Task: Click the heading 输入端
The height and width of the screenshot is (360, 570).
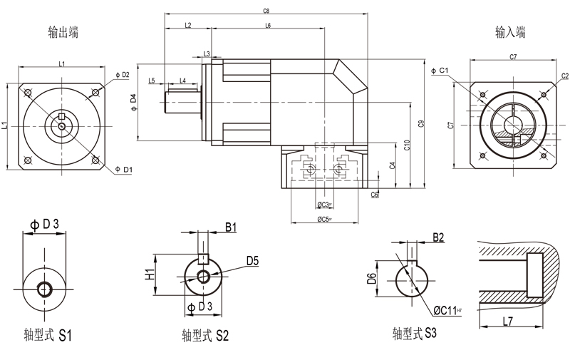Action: coord(510,31)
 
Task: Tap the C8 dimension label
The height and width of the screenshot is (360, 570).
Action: coord(266,11)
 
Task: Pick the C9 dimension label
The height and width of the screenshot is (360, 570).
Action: coord(421,123)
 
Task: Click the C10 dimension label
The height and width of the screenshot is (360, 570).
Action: coord(406,145)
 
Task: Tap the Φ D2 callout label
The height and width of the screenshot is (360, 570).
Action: coord(121,74)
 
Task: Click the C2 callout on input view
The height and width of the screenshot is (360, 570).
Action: coord(564,76)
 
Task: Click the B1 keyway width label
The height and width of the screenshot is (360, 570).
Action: coord(230,227)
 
